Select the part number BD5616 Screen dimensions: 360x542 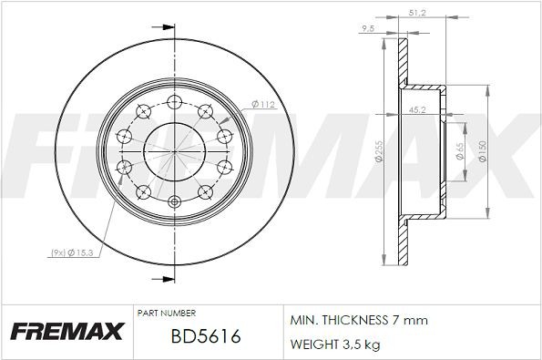[x=205, y=337]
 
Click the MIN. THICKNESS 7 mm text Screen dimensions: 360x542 [x=358, y=321]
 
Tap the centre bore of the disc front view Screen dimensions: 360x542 [x=173, y=150]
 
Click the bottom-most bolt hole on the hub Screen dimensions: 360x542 [x=173, y=202]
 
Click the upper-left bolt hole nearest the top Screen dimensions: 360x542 [x=143, y=111]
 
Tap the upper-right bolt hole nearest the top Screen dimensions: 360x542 [x=203, y=111]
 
